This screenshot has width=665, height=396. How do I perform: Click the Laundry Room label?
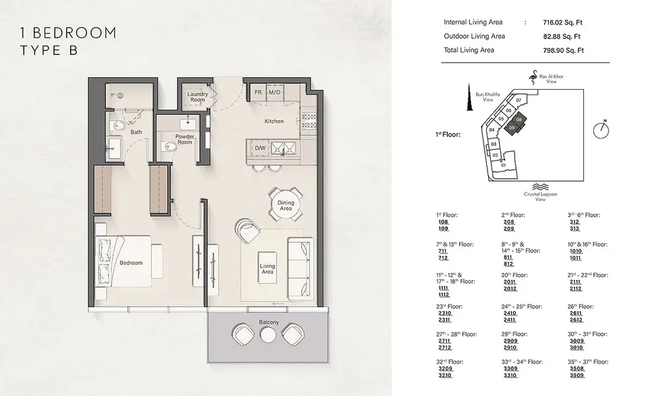[197, 97]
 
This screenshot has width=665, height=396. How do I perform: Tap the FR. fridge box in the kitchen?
[259, 92]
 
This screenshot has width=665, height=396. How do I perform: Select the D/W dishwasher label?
[260, 148]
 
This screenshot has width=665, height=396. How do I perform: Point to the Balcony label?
[269, 322]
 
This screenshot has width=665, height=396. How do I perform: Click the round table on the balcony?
[268, 335]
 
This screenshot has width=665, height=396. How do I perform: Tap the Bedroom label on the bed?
[131, 263]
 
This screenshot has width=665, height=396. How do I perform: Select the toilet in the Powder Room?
[170, 147]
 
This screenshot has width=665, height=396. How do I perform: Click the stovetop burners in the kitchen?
[309, 120]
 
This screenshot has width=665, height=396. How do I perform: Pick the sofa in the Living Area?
[300, 268]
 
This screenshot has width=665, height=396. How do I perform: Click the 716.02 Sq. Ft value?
[562, 22]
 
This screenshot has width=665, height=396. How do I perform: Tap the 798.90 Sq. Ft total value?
[563, 51]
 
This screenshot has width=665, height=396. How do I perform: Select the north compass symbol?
[601, 129]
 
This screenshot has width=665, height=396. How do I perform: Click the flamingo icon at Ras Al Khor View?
[532, 77]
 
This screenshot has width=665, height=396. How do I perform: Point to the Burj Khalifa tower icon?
[470, 98]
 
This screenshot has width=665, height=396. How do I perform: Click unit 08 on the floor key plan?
[519, 119]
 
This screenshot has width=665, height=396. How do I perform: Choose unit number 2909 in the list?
[511, 341]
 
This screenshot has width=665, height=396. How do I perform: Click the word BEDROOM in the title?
[74, 33]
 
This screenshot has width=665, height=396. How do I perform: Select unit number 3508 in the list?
[577, 368]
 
